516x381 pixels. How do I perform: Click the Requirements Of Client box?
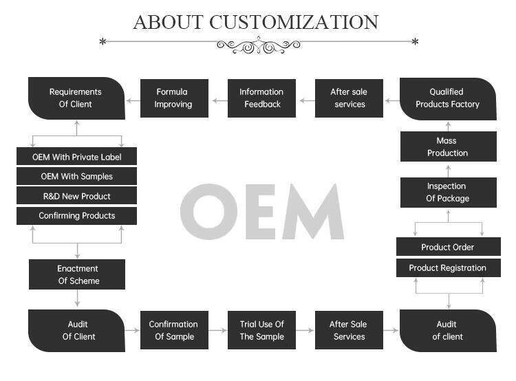(76, 98)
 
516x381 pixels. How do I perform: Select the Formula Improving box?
(173, 98)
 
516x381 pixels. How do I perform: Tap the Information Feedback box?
(261, 98)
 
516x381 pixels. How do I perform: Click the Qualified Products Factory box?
(448, 98)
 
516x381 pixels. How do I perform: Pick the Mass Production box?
(448, 146)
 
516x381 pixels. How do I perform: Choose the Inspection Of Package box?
(448, 192)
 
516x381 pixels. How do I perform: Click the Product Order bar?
(448, 247)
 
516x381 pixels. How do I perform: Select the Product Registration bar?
(448, 268)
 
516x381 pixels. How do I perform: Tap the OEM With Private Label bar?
(76, 157)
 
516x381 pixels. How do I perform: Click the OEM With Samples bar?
(76, 176)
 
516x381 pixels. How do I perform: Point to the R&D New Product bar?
(76, 196)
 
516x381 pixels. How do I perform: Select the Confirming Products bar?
(76, 215)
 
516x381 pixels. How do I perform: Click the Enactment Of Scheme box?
(77, 274)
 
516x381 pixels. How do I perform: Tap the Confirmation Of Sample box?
(173, 330)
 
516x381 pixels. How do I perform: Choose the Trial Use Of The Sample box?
(261, 330)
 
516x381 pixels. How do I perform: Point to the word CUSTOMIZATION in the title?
(294, 22)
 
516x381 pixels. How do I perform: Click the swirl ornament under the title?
(259, 45)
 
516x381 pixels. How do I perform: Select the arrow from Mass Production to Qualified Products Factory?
(448, 126)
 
